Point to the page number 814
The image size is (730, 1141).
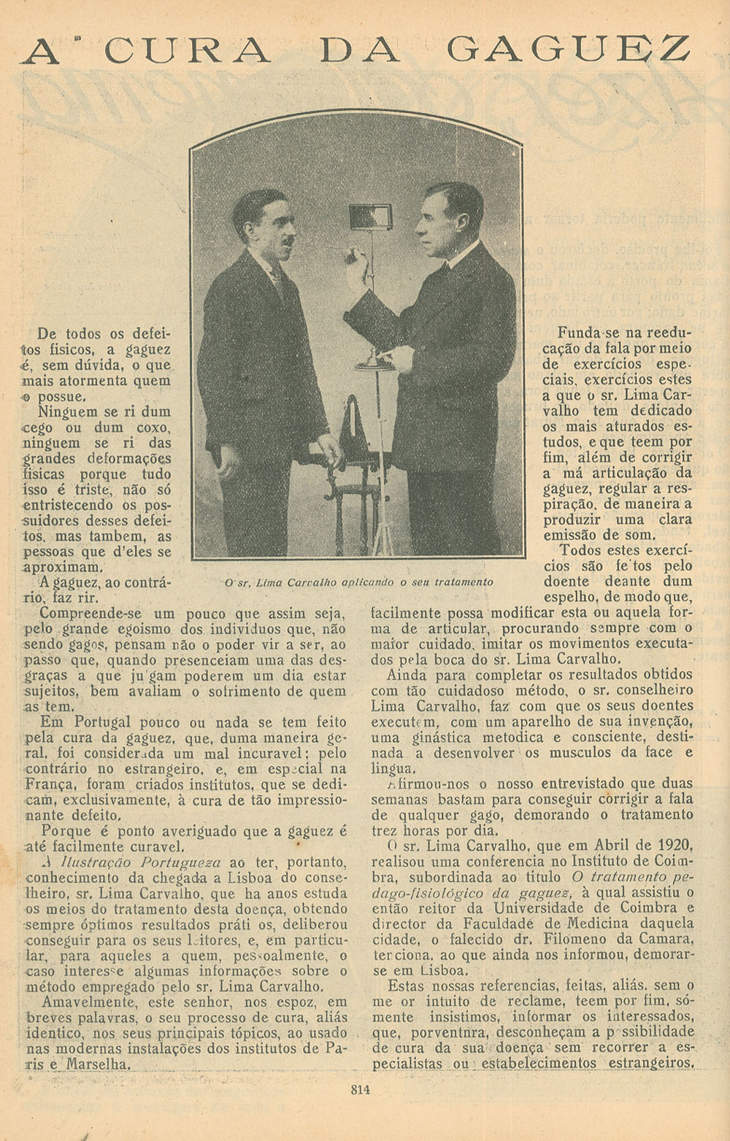[x=361, y=1091]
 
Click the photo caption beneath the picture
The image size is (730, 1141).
[x=358, y=582]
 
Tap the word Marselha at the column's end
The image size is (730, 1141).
[x=97, y=1064]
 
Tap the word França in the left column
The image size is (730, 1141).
[x=49, y=785]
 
